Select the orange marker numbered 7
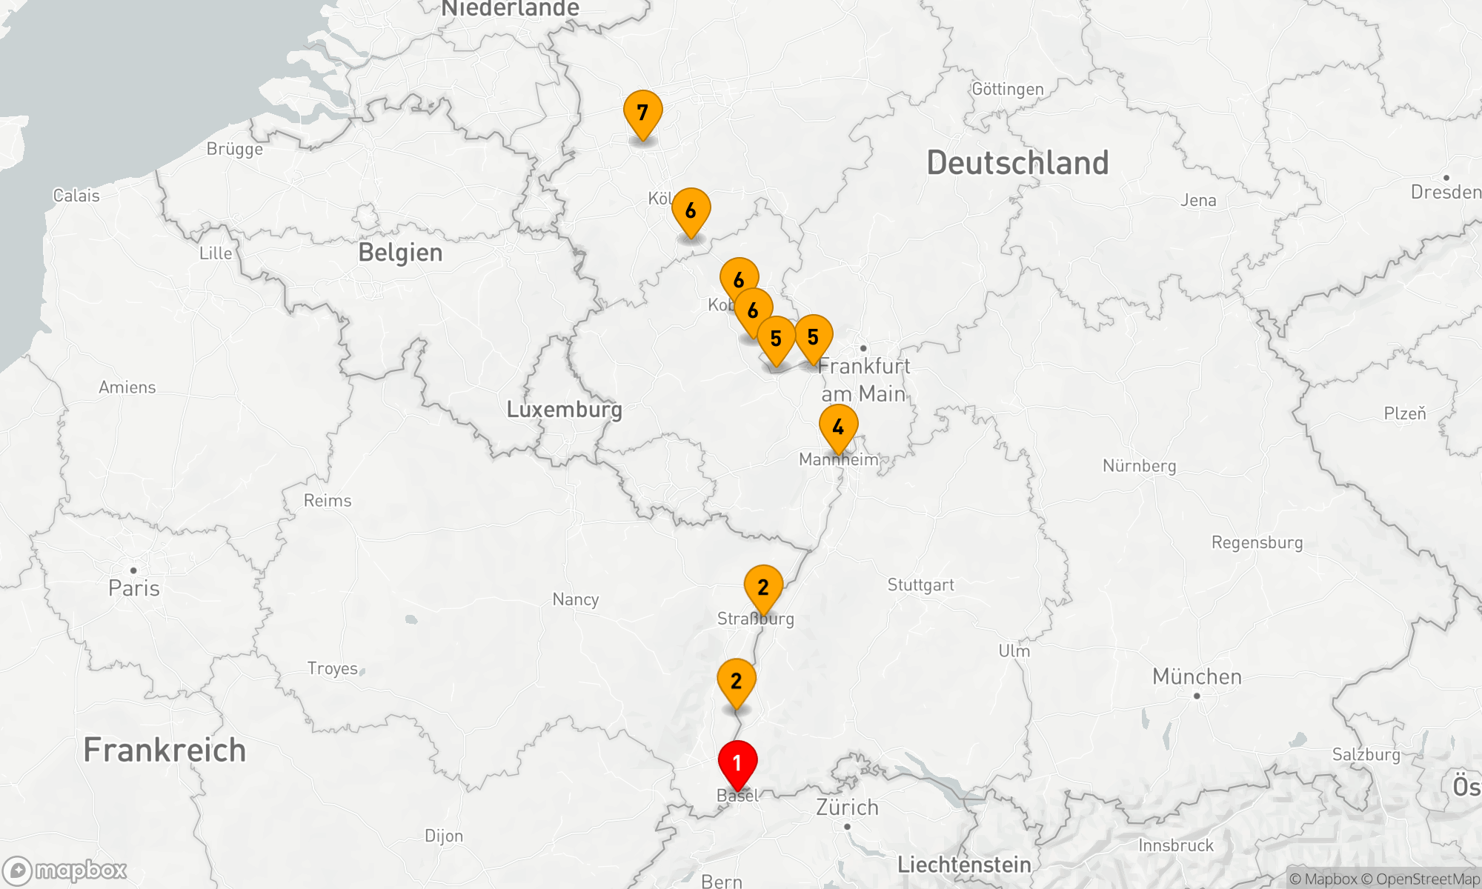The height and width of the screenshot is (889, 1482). (x=642, y=113)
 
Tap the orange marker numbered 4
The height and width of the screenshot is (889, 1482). (x=838, y=427)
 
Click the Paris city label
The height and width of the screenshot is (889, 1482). (x=134, y=588)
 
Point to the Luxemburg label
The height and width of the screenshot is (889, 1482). (x=564, y=410)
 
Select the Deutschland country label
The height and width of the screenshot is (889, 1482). (x=1017, y=163)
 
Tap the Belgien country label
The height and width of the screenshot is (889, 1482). (x=400, y=253)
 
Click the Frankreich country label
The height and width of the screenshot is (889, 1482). (x=165, y=750)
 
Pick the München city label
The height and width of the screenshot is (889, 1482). (x=1197, y=677)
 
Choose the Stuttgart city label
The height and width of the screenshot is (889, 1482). (x=921, y=585)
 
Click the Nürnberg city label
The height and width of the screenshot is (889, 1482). (x=1139, y=466)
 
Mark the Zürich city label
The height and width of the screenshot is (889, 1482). (x=847, y=808)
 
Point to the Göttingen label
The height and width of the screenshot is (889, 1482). (x=1007, y=90)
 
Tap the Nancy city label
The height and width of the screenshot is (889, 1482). (x=575, y=599)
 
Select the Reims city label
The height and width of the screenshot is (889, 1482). (x=328, y=501)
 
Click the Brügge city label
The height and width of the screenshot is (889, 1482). (x=234, y=150)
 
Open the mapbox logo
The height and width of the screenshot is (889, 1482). (x=65, y=870)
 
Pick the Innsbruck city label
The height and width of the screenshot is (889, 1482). (x=1176, y=845)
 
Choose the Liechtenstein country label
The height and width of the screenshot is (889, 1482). (x=964, y=865)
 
